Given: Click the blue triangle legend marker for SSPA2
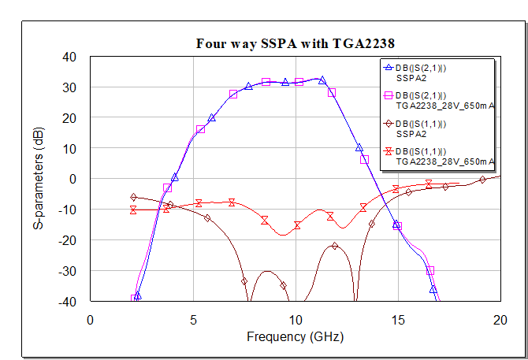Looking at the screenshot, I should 388,69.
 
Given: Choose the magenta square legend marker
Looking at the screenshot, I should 388,95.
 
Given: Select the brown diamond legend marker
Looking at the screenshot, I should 388,124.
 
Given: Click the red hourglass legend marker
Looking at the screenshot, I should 388,151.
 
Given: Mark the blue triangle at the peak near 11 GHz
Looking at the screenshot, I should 322,80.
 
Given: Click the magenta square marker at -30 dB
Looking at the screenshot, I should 430,270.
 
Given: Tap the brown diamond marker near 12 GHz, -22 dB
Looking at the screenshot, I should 335,246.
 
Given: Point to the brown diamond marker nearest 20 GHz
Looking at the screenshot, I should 482,180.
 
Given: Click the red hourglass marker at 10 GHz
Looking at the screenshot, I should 298,225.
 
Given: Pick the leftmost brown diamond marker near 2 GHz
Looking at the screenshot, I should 133,197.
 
